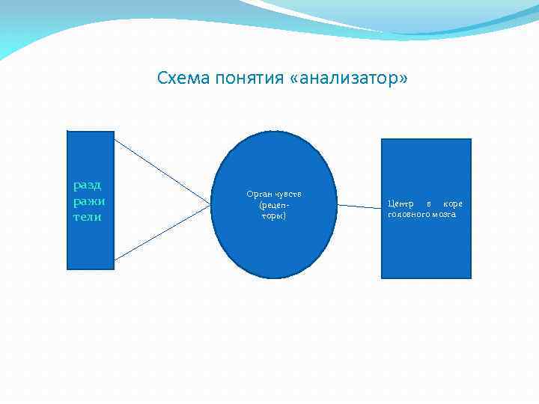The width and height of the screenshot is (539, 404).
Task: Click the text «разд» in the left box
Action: tap(88, 185)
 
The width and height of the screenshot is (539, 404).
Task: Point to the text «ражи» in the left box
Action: tap(89, 201)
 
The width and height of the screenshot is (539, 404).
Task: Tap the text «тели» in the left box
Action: tap(87, 217)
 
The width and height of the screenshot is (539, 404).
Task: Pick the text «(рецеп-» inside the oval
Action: tap(273, 204)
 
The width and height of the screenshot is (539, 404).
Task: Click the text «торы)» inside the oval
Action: tap(273, 215)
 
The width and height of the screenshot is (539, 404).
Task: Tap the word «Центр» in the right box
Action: tap(401, 203)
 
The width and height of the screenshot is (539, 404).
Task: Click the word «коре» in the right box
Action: tap(452, 203)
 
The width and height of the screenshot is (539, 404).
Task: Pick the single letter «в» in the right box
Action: tap(428, 203)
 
